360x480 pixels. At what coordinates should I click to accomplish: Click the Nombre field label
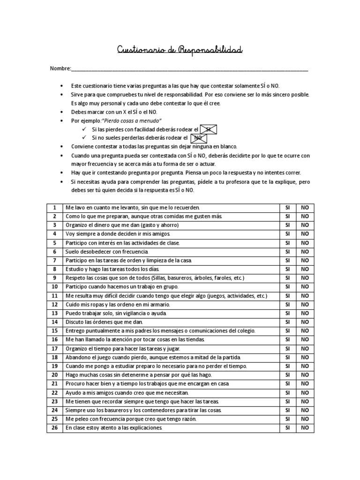pos(60,69)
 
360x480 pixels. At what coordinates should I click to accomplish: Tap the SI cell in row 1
pos(287,208)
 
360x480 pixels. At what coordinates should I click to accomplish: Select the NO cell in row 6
pos(305,252)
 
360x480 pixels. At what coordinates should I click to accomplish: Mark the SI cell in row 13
pos(287,313)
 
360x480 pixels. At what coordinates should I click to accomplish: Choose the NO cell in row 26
pos(305,427)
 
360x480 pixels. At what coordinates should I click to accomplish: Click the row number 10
pos(54,287)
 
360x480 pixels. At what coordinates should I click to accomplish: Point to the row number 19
pos(54,366)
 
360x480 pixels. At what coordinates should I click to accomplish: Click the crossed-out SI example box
pos(208,129)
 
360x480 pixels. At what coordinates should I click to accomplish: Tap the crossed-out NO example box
pos(198,138)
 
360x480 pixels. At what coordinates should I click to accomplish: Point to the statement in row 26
pos(114,427)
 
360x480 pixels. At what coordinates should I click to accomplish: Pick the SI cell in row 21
pos(287,383)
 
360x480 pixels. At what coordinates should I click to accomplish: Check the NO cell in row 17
pos(305,348)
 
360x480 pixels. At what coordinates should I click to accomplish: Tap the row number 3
pos(54,225)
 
